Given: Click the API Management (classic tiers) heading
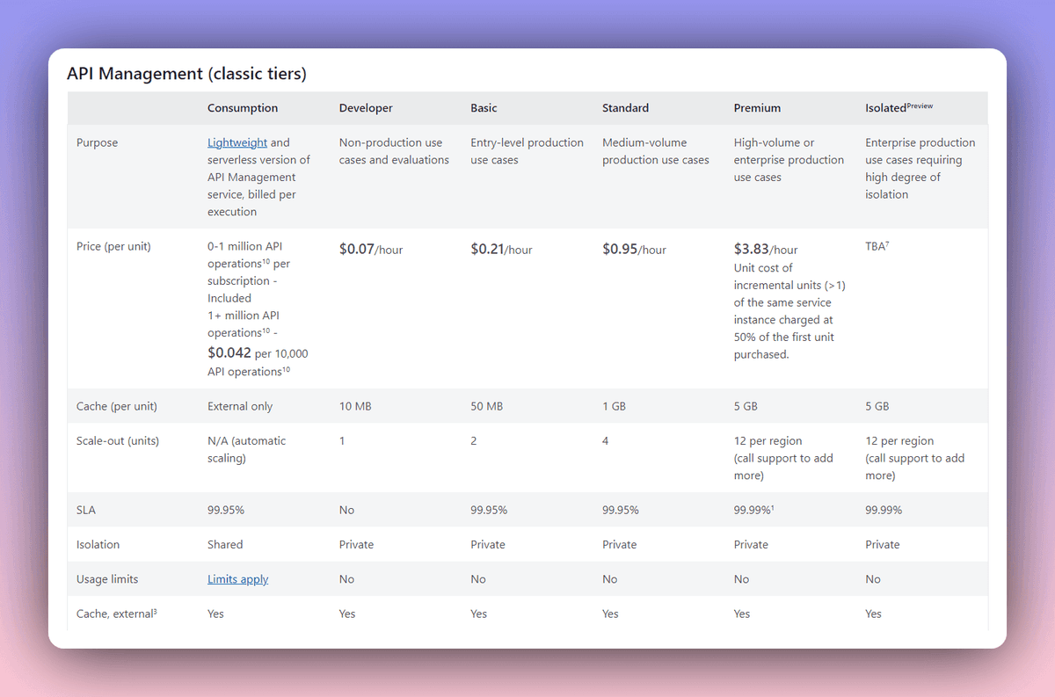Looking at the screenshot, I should pos(186,74).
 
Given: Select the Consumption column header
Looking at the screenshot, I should pos(242,108).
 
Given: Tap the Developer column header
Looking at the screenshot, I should pos(366,108).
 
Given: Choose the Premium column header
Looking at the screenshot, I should pos(757,108).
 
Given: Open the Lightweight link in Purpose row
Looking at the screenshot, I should pos(237,142).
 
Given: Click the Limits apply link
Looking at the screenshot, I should pos(237,579).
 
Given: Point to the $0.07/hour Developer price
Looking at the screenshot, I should pos(370,250).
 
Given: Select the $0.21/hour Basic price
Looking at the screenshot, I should pos(501,250).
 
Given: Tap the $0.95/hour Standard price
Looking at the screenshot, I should pos(634,250).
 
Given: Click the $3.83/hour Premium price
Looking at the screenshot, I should pos(766,250).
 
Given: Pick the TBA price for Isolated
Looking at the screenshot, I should pos(877,246).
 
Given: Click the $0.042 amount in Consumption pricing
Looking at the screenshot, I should pos(229,353).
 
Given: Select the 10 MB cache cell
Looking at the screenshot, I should pos(357,407).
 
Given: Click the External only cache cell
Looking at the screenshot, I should pos(240,407).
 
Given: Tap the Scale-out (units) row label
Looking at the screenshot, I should pos(118,441).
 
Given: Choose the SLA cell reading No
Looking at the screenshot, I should pos(347,510).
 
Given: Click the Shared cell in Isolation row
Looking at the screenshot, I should pos(225,545).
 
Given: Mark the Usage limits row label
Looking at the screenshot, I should pos(107,579).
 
